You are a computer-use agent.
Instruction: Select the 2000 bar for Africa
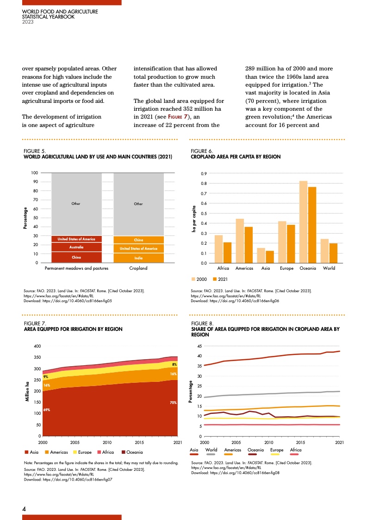(218, 249)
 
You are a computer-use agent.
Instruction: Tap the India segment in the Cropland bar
(138, 258)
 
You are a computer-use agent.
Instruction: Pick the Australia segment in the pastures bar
(76, 247)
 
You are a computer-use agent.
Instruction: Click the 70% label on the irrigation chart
(173, 403)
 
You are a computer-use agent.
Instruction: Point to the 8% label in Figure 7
(173, 365)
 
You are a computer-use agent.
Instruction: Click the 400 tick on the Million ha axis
(37, 346)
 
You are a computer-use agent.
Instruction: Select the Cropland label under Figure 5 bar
(138, 268)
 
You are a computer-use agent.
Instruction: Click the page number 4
(24, 508)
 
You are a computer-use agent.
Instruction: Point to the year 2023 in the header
(28, 21)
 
